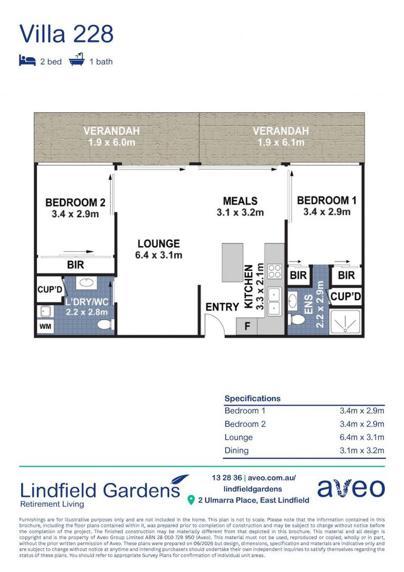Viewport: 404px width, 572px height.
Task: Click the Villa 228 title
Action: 66,34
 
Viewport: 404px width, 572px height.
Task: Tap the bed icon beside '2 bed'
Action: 27,60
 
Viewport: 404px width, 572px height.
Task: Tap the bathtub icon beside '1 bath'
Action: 77,59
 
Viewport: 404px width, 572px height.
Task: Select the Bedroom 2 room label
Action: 76,208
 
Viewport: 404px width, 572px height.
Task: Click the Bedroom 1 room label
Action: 327,205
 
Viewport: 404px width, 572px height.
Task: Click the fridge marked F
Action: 247,326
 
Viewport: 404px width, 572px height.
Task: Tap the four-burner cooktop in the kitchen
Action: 274,271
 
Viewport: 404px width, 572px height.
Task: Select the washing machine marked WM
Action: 45,326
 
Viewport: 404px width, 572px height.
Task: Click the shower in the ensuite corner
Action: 345,321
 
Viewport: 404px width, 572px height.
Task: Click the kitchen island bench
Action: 233,262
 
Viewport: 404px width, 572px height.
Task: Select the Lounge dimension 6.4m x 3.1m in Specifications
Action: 362,437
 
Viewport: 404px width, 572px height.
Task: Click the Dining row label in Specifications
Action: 236,451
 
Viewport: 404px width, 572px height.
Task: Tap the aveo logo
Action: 351,488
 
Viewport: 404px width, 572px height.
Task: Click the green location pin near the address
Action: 191,500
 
